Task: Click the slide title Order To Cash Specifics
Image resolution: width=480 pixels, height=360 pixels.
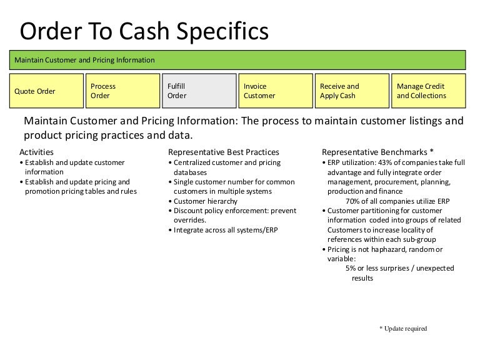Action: click(x=144, y=32)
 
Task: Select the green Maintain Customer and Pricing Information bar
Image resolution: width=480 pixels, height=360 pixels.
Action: click(x=239, y=60)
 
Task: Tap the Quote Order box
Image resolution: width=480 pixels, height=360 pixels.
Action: click(x=47, y=91)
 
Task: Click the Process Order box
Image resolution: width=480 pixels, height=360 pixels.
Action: click(x=122, y=91)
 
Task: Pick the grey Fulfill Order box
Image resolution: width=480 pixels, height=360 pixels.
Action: click(x=199, y=91)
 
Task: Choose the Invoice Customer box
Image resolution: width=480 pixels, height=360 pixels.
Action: click(x=276, y=91)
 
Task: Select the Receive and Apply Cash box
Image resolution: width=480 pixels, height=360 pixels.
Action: click(x=352, y=91)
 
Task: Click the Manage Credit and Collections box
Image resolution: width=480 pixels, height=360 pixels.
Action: click(x=429, y=91)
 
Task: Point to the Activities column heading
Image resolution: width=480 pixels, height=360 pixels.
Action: click(x=37, y=152)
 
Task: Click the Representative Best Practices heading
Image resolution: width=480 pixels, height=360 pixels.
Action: click(x=224, y=152)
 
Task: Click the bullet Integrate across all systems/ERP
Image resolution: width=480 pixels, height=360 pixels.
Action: click(x=223, y=230)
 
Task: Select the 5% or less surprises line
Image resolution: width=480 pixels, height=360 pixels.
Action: click(x=399, y=268)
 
